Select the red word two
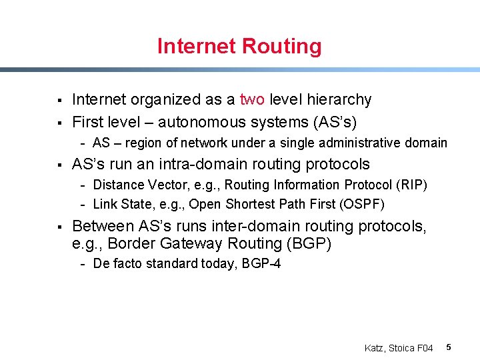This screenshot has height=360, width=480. pos(252,100)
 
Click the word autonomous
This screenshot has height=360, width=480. pos(198,123)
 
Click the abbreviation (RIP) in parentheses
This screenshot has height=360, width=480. pos(411,185)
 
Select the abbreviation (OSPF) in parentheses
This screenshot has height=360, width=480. pos(363,204)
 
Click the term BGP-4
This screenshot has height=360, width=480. pos(261,263)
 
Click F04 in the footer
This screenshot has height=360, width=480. pos(425,348)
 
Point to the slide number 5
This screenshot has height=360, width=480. pos(449,347)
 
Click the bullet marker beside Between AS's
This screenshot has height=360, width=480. pos(60,227)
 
